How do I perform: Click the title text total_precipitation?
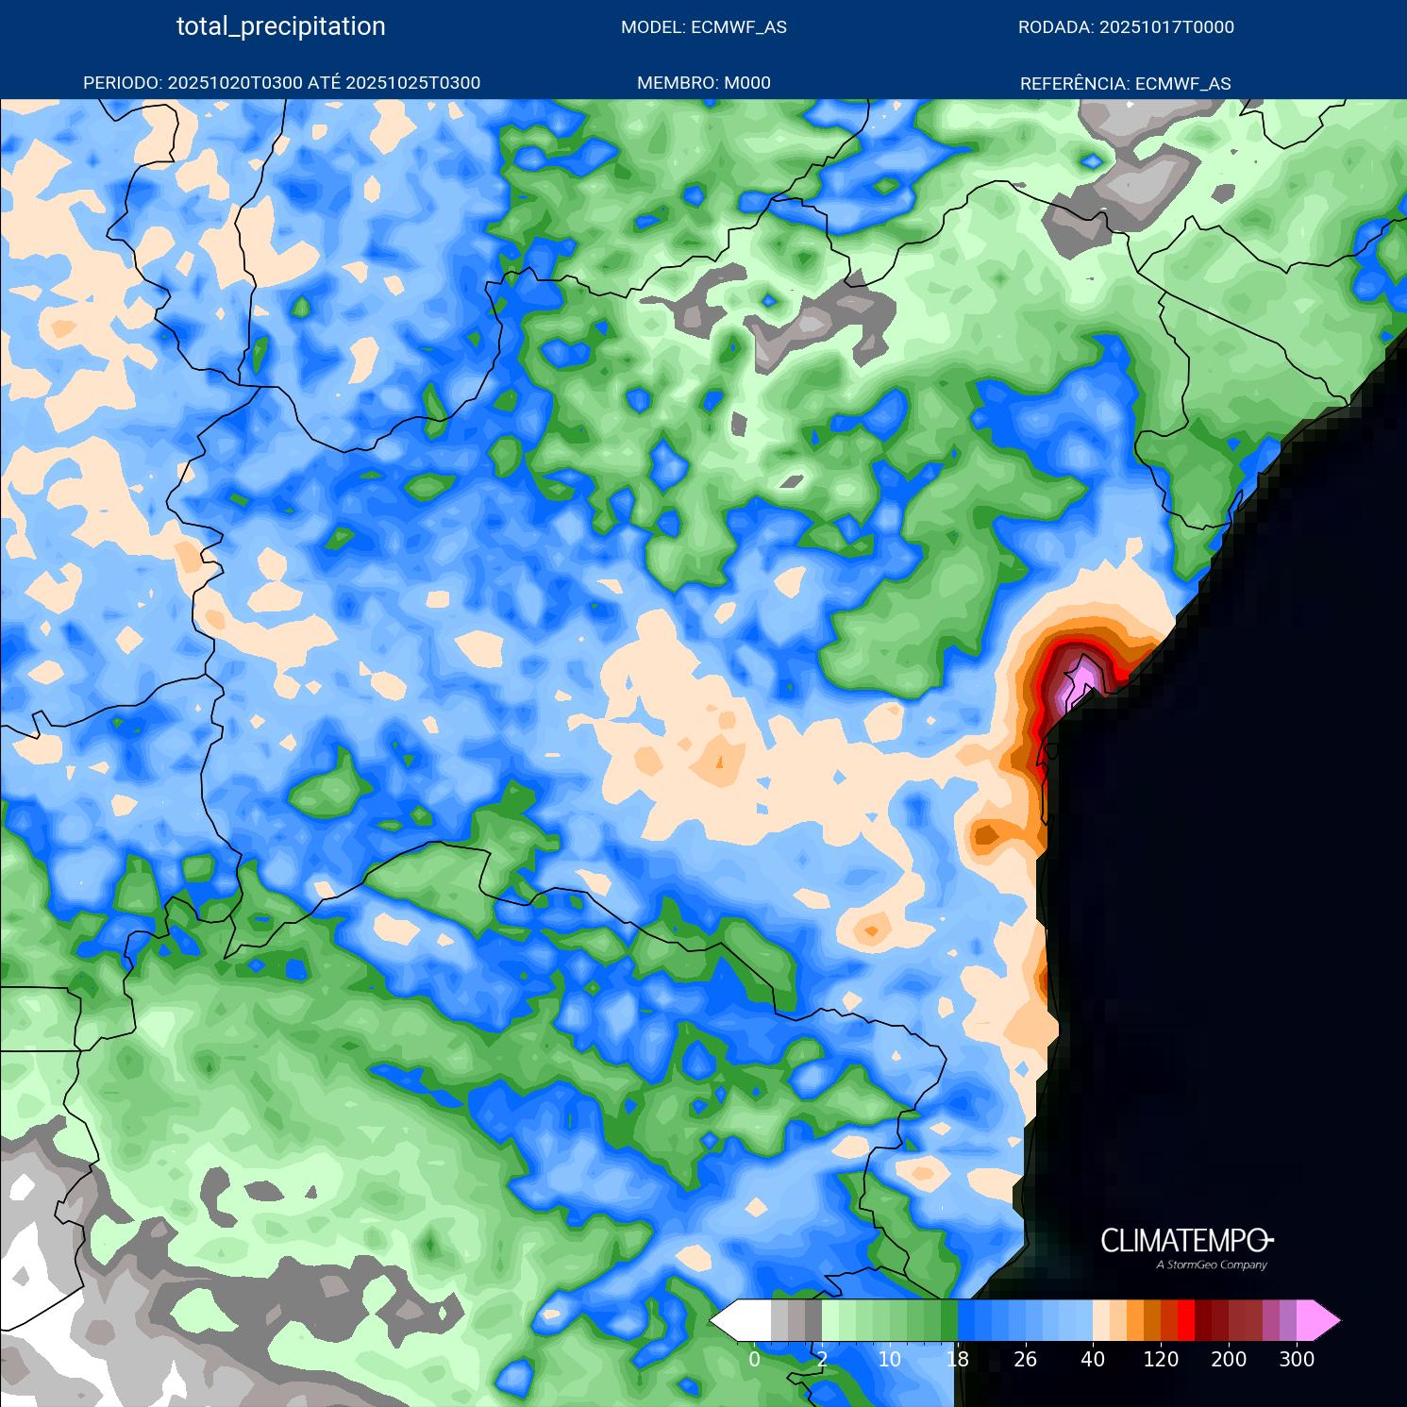(280, 26)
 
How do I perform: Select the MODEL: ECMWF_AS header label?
(703, 27)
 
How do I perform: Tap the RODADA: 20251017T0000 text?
(1125, 27)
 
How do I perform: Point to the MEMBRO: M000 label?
(703, 83)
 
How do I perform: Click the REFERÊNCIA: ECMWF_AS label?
(1125, 83)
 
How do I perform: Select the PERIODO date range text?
(281, 83)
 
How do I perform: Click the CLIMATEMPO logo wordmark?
(1185, 1240)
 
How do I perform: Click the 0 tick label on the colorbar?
(754, 1360)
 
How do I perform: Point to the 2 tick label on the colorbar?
(822, 1360)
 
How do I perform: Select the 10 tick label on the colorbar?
(889, 1360)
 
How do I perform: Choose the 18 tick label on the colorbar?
(957, 1360)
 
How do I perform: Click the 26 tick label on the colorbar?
(1025, 1360)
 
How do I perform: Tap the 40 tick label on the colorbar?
(1093, 1360)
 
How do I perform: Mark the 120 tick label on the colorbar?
(1161, 1360)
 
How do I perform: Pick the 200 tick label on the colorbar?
(1229, 1360)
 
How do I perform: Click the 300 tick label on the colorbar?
(1297, 1360)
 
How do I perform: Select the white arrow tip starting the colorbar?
(725, 1320)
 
